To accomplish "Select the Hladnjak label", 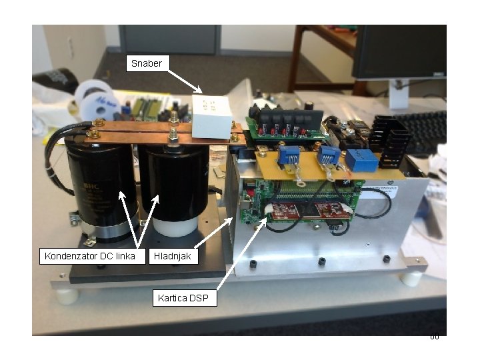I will [x=174, y=256].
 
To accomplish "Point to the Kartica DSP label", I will [x=185, y=298].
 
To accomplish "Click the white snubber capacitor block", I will [x=211, y=116].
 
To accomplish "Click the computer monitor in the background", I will [x=399, y=53].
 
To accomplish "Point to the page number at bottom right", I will [x=434, y=337].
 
